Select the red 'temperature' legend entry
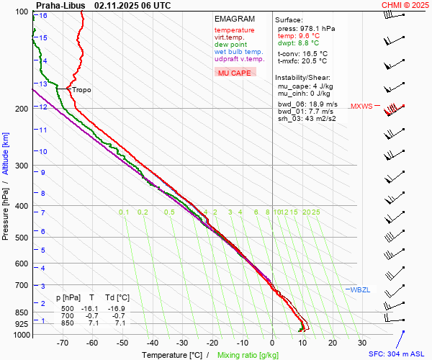tap(234, 30)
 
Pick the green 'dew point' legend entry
tap(230, 45)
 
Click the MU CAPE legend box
tap(235, 73)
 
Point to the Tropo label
tap(81, 90)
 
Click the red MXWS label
tap(361, 107)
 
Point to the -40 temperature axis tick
tap(153, 343)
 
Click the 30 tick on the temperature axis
tap(362, 343)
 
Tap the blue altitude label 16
tap(43, 16)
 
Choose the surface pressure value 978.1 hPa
tap(317, 28)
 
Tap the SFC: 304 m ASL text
tap(396, 354)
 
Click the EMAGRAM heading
tap(235, 19)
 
